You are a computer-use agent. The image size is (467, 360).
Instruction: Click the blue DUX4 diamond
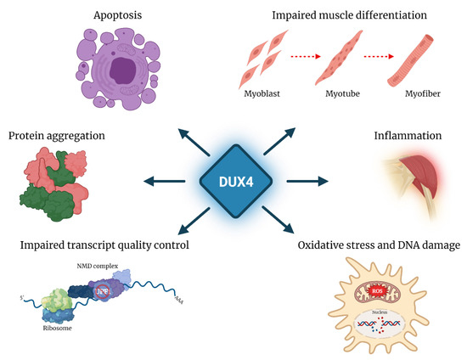click(x=233, y=180)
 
